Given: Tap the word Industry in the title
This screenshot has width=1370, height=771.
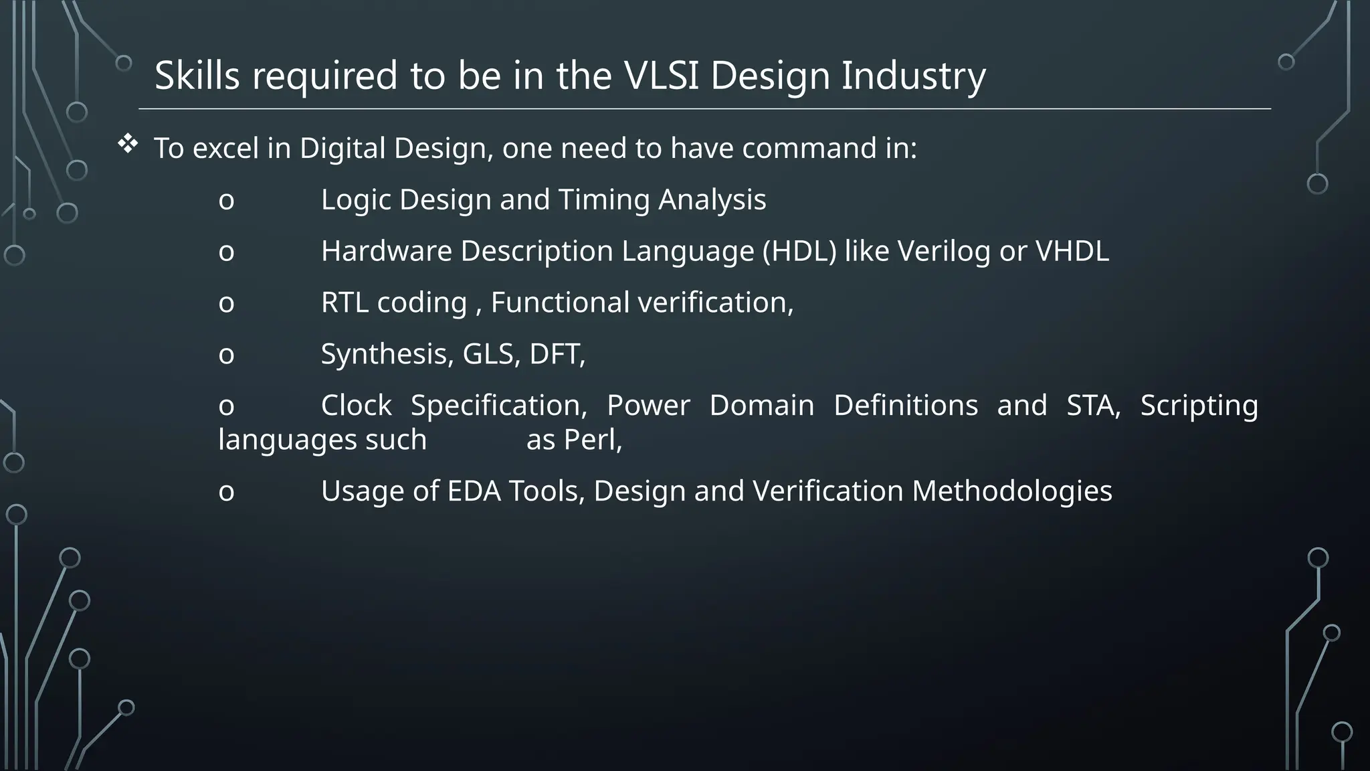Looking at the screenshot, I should (913, 76).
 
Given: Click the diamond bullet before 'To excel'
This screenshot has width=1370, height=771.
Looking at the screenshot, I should (127, 143).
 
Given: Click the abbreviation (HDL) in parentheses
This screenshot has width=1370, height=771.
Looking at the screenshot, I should (799, 251).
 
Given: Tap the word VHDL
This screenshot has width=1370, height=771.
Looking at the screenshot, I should (1072, 251).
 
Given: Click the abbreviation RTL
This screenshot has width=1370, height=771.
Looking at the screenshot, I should (345, 303).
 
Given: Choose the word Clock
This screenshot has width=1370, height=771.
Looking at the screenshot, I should (356, 406).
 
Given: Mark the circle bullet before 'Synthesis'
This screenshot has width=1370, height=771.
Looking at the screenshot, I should (227, 355).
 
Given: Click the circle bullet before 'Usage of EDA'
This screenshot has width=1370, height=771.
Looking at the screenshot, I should (227, 493).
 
